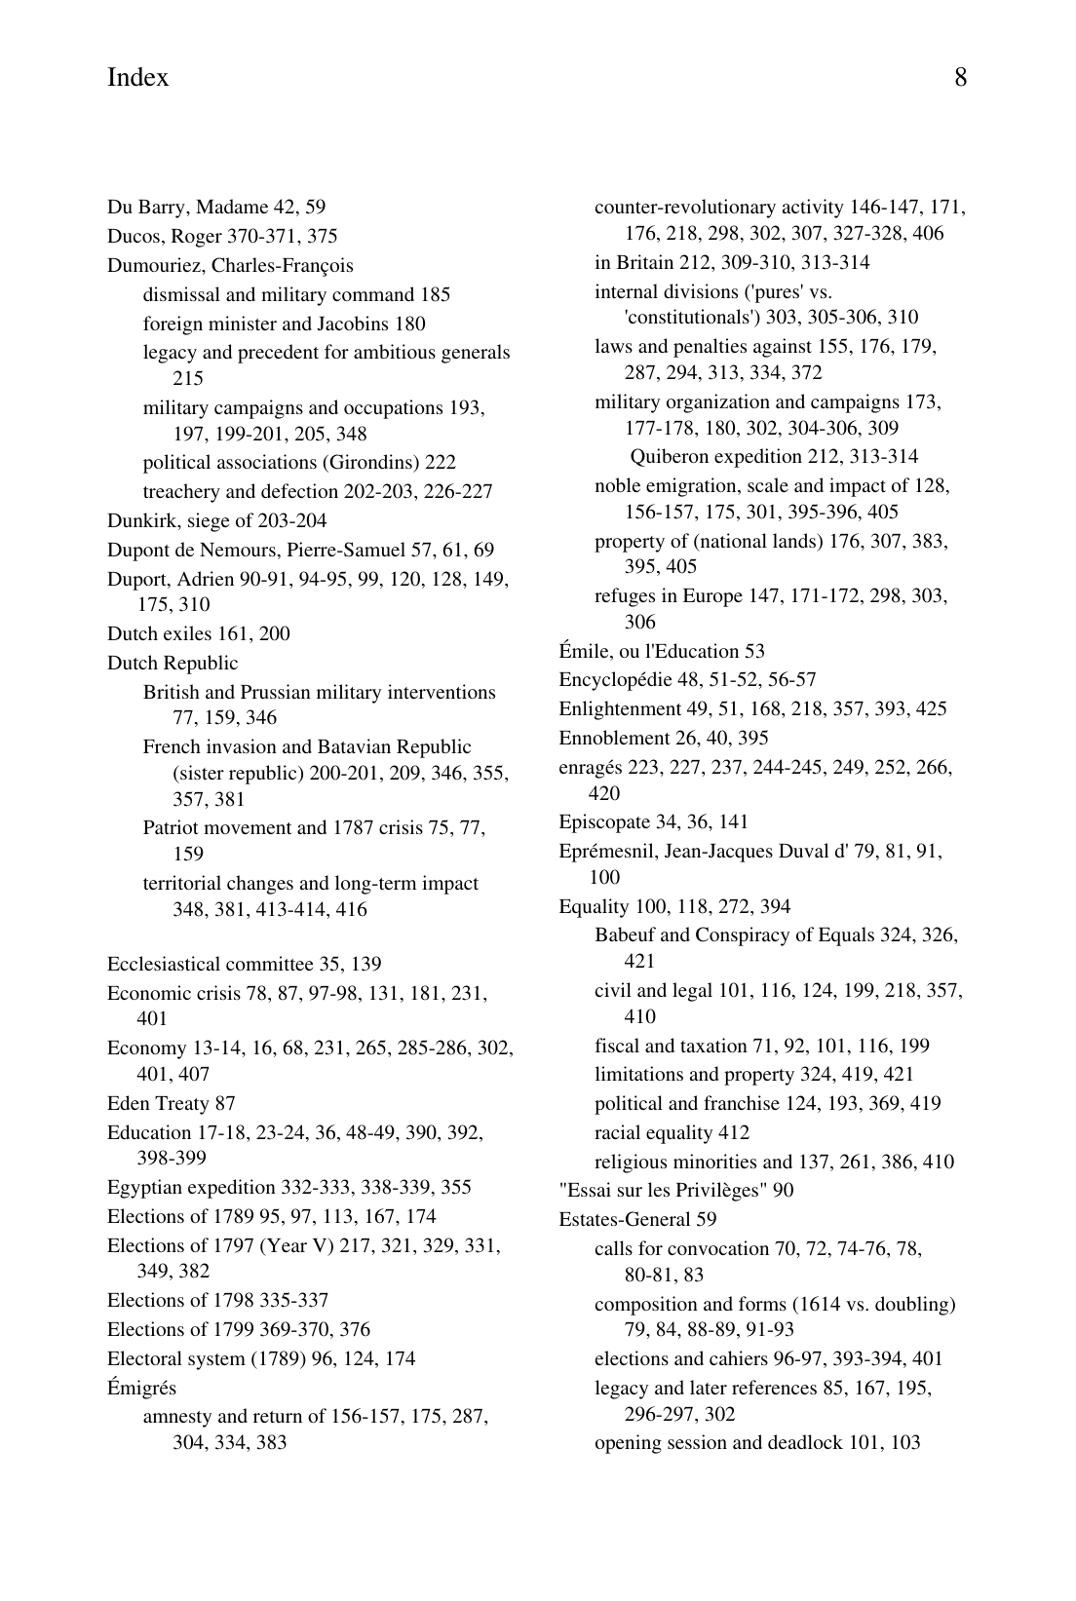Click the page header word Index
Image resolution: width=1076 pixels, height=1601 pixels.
pos(137,78)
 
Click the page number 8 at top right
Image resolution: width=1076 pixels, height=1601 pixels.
pos(960,78)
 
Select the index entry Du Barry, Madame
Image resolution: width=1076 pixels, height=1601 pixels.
pos(215,208)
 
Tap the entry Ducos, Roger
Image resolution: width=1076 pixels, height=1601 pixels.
pos(222,237)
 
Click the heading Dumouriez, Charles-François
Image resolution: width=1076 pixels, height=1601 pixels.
pos(230,266)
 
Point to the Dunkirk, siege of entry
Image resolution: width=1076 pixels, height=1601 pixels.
pos(216,521)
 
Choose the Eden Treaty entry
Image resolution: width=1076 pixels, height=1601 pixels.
pos(171,1104)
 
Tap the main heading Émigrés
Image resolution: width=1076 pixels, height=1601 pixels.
pos(141,1389)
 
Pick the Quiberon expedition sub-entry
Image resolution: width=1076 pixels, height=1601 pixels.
pos(774,457)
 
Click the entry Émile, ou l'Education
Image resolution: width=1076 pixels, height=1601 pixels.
pos(661,652)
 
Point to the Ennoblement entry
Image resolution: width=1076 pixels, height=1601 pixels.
pos(663,739)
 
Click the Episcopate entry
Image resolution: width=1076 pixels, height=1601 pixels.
pos(653,822)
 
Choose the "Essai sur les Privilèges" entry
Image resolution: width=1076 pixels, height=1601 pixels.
pos(675,1191)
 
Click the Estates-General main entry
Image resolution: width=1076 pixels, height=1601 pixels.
pos(636,1220)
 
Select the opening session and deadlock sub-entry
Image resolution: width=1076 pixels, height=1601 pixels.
pos(756,1443)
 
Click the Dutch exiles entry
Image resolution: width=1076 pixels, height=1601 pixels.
pos(198,634)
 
